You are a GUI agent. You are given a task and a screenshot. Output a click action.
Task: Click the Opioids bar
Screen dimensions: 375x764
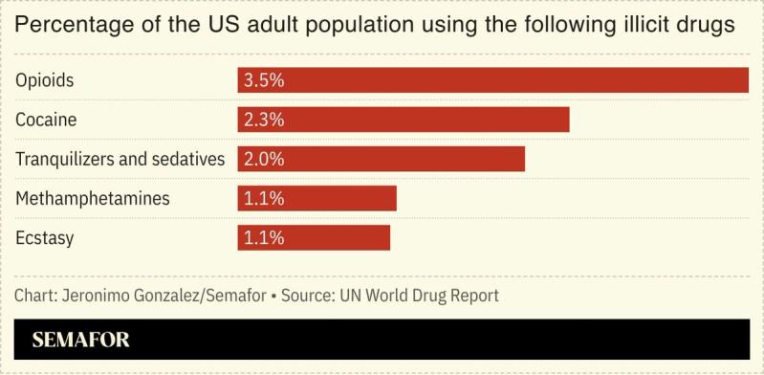[492, 80]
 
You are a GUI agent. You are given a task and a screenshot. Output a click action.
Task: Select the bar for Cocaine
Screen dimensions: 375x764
[403, 120]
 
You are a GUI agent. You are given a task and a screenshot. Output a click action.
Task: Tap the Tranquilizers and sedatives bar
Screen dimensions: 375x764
[381, 159]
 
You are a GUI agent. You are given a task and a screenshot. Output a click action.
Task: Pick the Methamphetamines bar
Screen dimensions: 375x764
[317, 198]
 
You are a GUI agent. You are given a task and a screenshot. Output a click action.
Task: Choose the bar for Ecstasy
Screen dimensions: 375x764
[314, 237]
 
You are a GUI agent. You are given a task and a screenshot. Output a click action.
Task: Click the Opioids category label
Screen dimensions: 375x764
[44, 80]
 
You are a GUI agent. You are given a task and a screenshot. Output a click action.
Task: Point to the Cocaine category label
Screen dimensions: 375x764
[46, 120]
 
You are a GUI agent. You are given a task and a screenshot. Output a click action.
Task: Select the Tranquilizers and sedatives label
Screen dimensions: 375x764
[120, 159]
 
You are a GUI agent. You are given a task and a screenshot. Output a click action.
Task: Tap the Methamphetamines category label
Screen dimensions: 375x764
[92, 198]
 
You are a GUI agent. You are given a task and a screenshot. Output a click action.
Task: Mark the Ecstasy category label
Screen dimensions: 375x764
[44, 237]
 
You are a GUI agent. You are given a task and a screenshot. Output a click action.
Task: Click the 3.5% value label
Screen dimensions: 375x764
[264, 80]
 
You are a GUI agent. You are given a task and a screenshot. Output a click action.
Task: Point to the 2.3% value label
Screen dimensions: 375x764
[264, 120]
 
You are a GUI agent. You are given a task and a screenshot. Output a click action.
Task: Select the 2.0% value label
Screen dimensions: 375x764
[264, 159]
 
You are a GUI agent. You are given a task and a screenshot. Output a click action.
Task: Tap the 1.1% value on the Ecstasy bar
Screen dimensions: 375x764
[264, 237]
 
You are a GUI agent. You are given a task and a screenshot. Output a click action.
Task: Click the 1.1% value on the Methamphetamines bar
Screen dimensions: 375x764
[264, 198]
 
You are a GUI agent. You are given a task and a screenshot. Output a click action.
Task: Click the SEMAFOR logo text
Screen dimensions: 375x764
[80, 340]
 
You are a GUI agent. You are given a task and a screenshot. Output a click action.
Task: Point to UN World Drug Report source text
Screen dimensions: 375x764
[419, 295]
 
